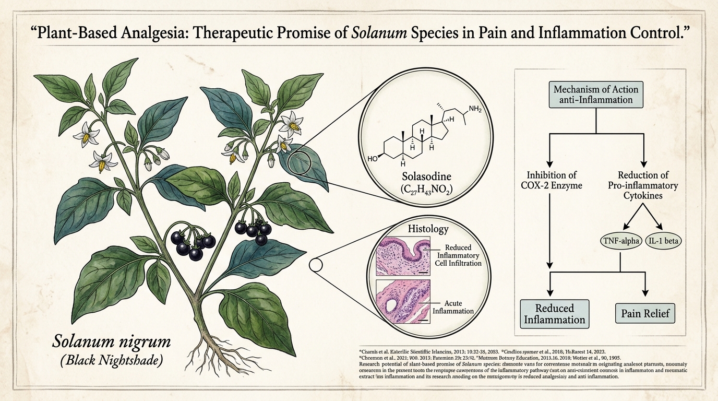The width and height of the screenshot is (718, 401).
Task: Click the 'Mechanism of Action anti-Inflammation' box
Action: point(596,95)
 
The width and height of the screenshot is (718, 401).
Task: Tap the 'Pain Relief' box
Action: point(645,314)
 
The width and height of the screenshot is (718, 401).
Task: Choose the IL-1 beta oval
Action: point(665,241)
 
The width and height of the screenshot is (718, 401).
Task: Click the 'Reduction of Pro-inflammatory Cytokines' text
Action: point(648,186)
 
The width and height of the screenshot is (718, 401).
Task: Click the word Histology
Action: point(427,229)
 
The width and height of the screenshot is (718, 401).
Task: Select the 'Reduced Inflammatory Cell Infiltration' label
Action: point(458,256)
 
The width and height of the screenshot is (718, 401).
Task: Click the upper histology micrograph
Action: point(403,255)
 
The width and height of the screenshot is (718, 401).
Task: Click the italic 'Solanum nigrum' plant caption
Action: point(112,343)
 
